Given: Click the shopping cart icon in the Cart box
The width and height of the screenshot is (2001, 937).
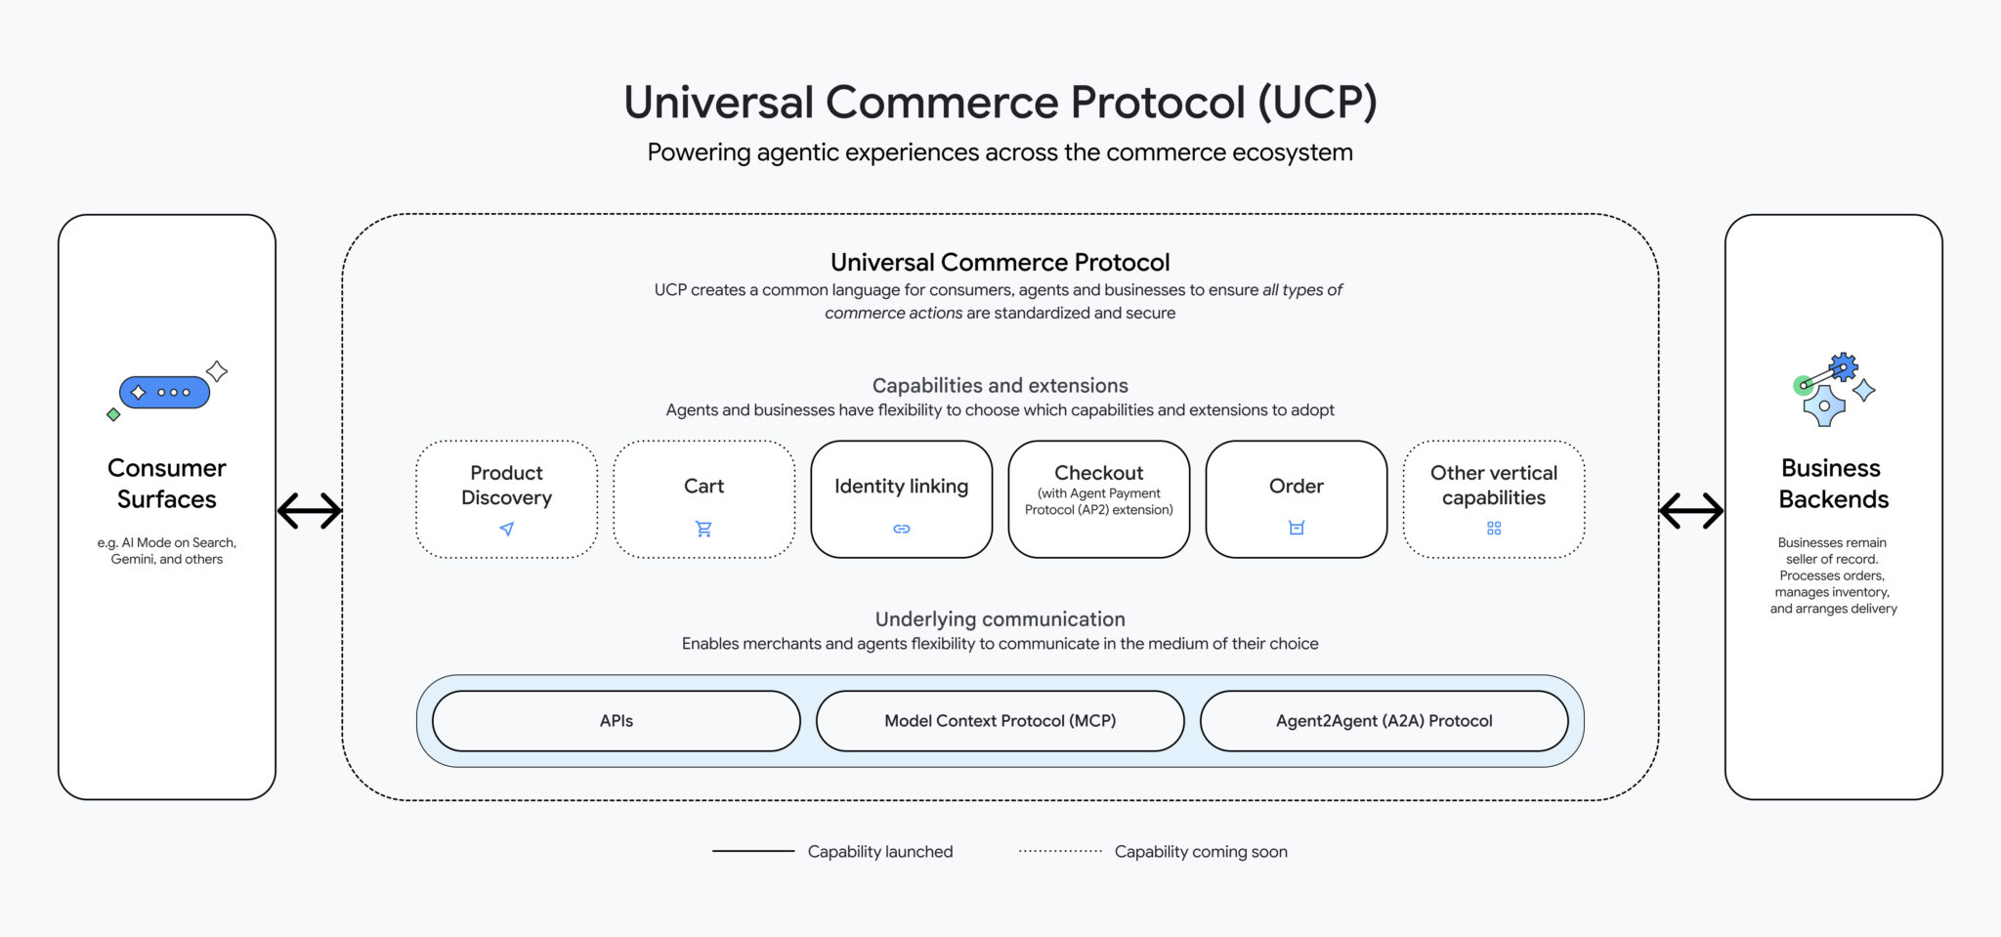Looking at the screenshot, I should click(703, 529).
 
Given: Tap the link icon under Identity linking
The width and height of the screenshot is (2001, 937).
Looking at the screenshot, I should click(901, 529).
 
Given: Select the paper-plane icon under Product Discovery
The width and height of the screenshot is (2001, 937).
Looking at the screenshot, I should click(506, 529).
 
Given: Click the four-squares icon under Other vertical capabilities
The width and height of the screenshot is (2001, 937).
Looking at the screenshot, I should click(1493, 529).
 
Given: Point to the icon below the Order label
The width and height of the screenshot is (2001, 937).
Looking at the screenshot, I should click(1296, 528).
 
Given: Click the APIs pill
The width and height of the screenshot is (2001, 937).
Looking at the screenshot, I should click(616, 721).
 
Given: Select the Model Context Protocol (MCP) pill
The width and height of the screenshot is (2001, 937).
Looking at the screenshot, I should click(1000, 721).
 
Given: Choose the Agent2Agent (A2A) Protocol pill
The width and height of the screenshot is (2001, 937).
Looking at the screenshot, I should click(1384, 721).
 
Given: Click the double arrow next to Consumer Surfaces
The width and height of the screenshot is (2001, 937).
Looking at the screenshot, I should click(309, 510).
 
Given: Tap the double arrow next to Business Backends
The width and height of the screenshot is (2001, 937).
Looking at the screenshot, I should click(1691, 510).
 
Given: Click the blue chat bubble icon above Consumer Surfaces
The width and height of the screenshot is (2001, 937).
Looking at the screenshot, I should click(164, 393).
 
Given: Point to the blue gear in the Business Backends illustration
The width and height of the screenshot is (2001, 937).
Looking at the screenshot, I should click(1844, 367).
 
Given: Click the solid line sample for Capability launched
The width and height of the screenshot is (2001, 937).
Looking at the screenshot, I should click(753, 851).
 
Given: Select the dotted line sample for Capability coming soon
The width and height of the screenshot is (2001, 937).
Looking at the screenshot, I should click(1060, 851).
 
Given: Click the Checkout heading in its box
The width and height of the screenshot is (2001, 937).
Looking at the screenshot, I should click(1098, 473).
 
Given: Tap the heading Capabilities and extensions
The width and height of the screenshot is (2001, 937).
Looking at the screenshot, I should click(1000, 386).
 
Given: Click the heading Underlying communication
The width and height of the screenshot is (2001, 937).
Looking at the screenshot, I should click(1000, 619).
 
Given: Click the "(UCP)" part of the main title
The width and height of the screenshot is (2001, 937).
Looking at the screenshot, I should click(1317, 103).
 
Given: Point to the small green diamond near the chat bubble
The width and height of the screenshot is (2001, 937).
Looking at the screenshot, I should click(113, 415).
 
